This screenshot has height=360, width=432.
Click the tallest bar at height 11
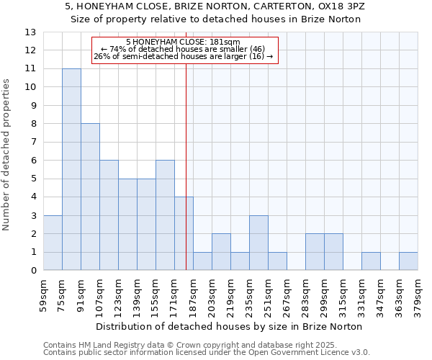(x=71, y=169)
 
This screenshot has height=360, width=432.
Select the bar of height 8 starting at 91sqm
(x=90, y=197)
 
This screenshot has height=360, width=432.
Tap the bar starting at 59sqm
(x=53, y=243)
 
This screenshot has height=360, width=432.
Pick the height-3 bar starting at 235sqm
(x=258, y=243)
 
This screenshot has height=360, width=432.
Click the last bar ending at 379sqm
(x=408, y=261)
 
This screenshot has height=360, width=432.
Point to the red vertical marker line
(x=186, y=166)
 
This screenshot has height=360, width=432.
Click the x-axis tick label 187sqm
(x=194, y=294)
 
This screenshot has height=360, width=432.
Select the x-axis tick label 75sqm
(x=63, y=294)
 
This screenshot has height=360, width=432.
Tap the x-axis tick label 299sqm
(x=325, y=294)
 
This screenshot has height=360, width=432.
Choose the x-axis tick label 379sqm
(x=418, y=294)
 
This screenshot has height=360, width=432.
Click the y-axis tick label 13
(x=30, y=32)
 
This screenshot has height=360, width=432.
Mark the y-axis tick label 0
(x=32, y=271)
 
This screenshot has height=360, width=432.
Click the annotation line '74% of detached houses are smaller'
(x=185, y=49)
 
